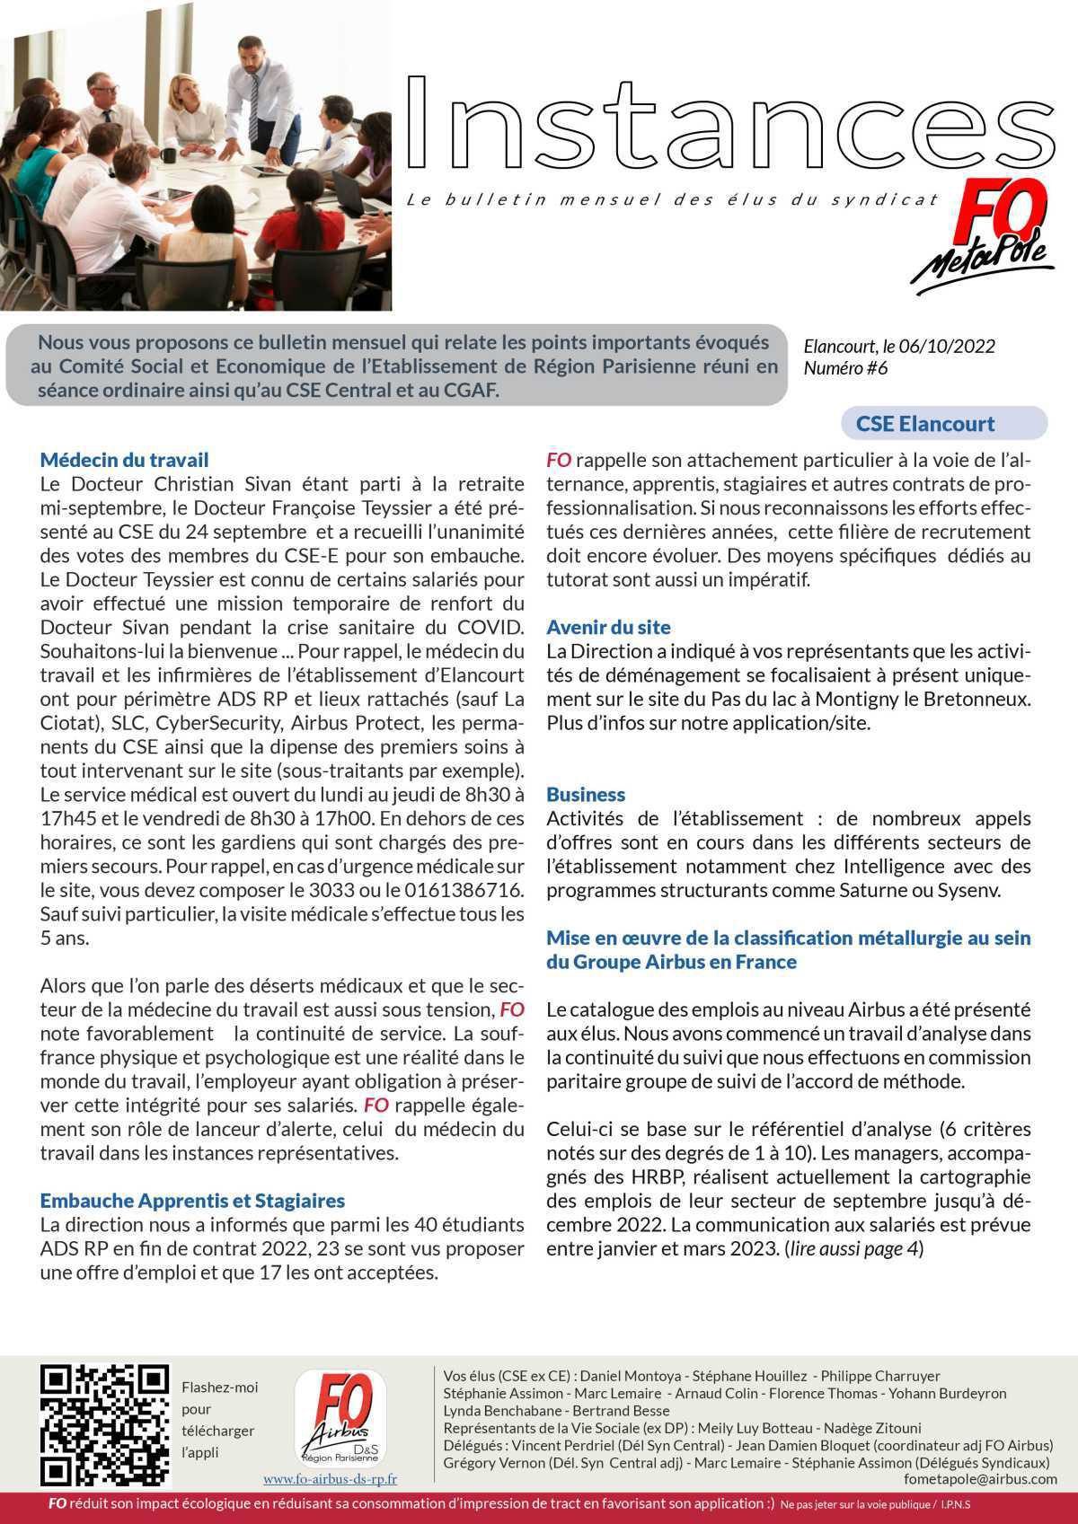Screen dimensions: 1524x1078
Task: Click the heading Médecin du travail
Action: pos(124,460)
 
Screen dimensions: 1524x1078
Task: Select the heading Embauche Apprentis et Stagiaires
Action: pos(192,1200)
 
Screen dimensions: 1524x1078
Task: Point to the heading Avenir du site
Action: pos(608,627)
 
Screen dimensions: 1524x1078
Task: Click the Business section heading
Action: pos(586,794)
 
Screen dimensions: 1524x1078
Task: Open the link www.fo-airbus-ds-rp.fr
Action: pos(330,1479)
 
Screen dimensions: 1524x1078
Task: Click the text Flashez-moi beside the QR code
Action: pos(219,1387)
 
